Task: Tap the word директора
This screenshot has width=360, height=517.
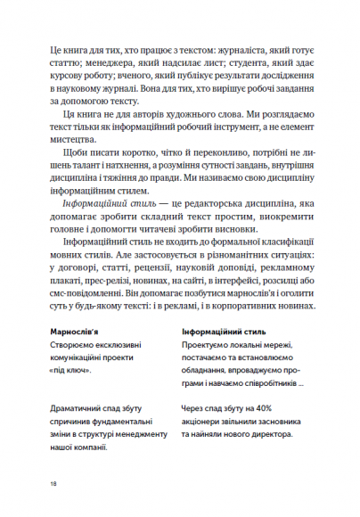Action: coord(266,435)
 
